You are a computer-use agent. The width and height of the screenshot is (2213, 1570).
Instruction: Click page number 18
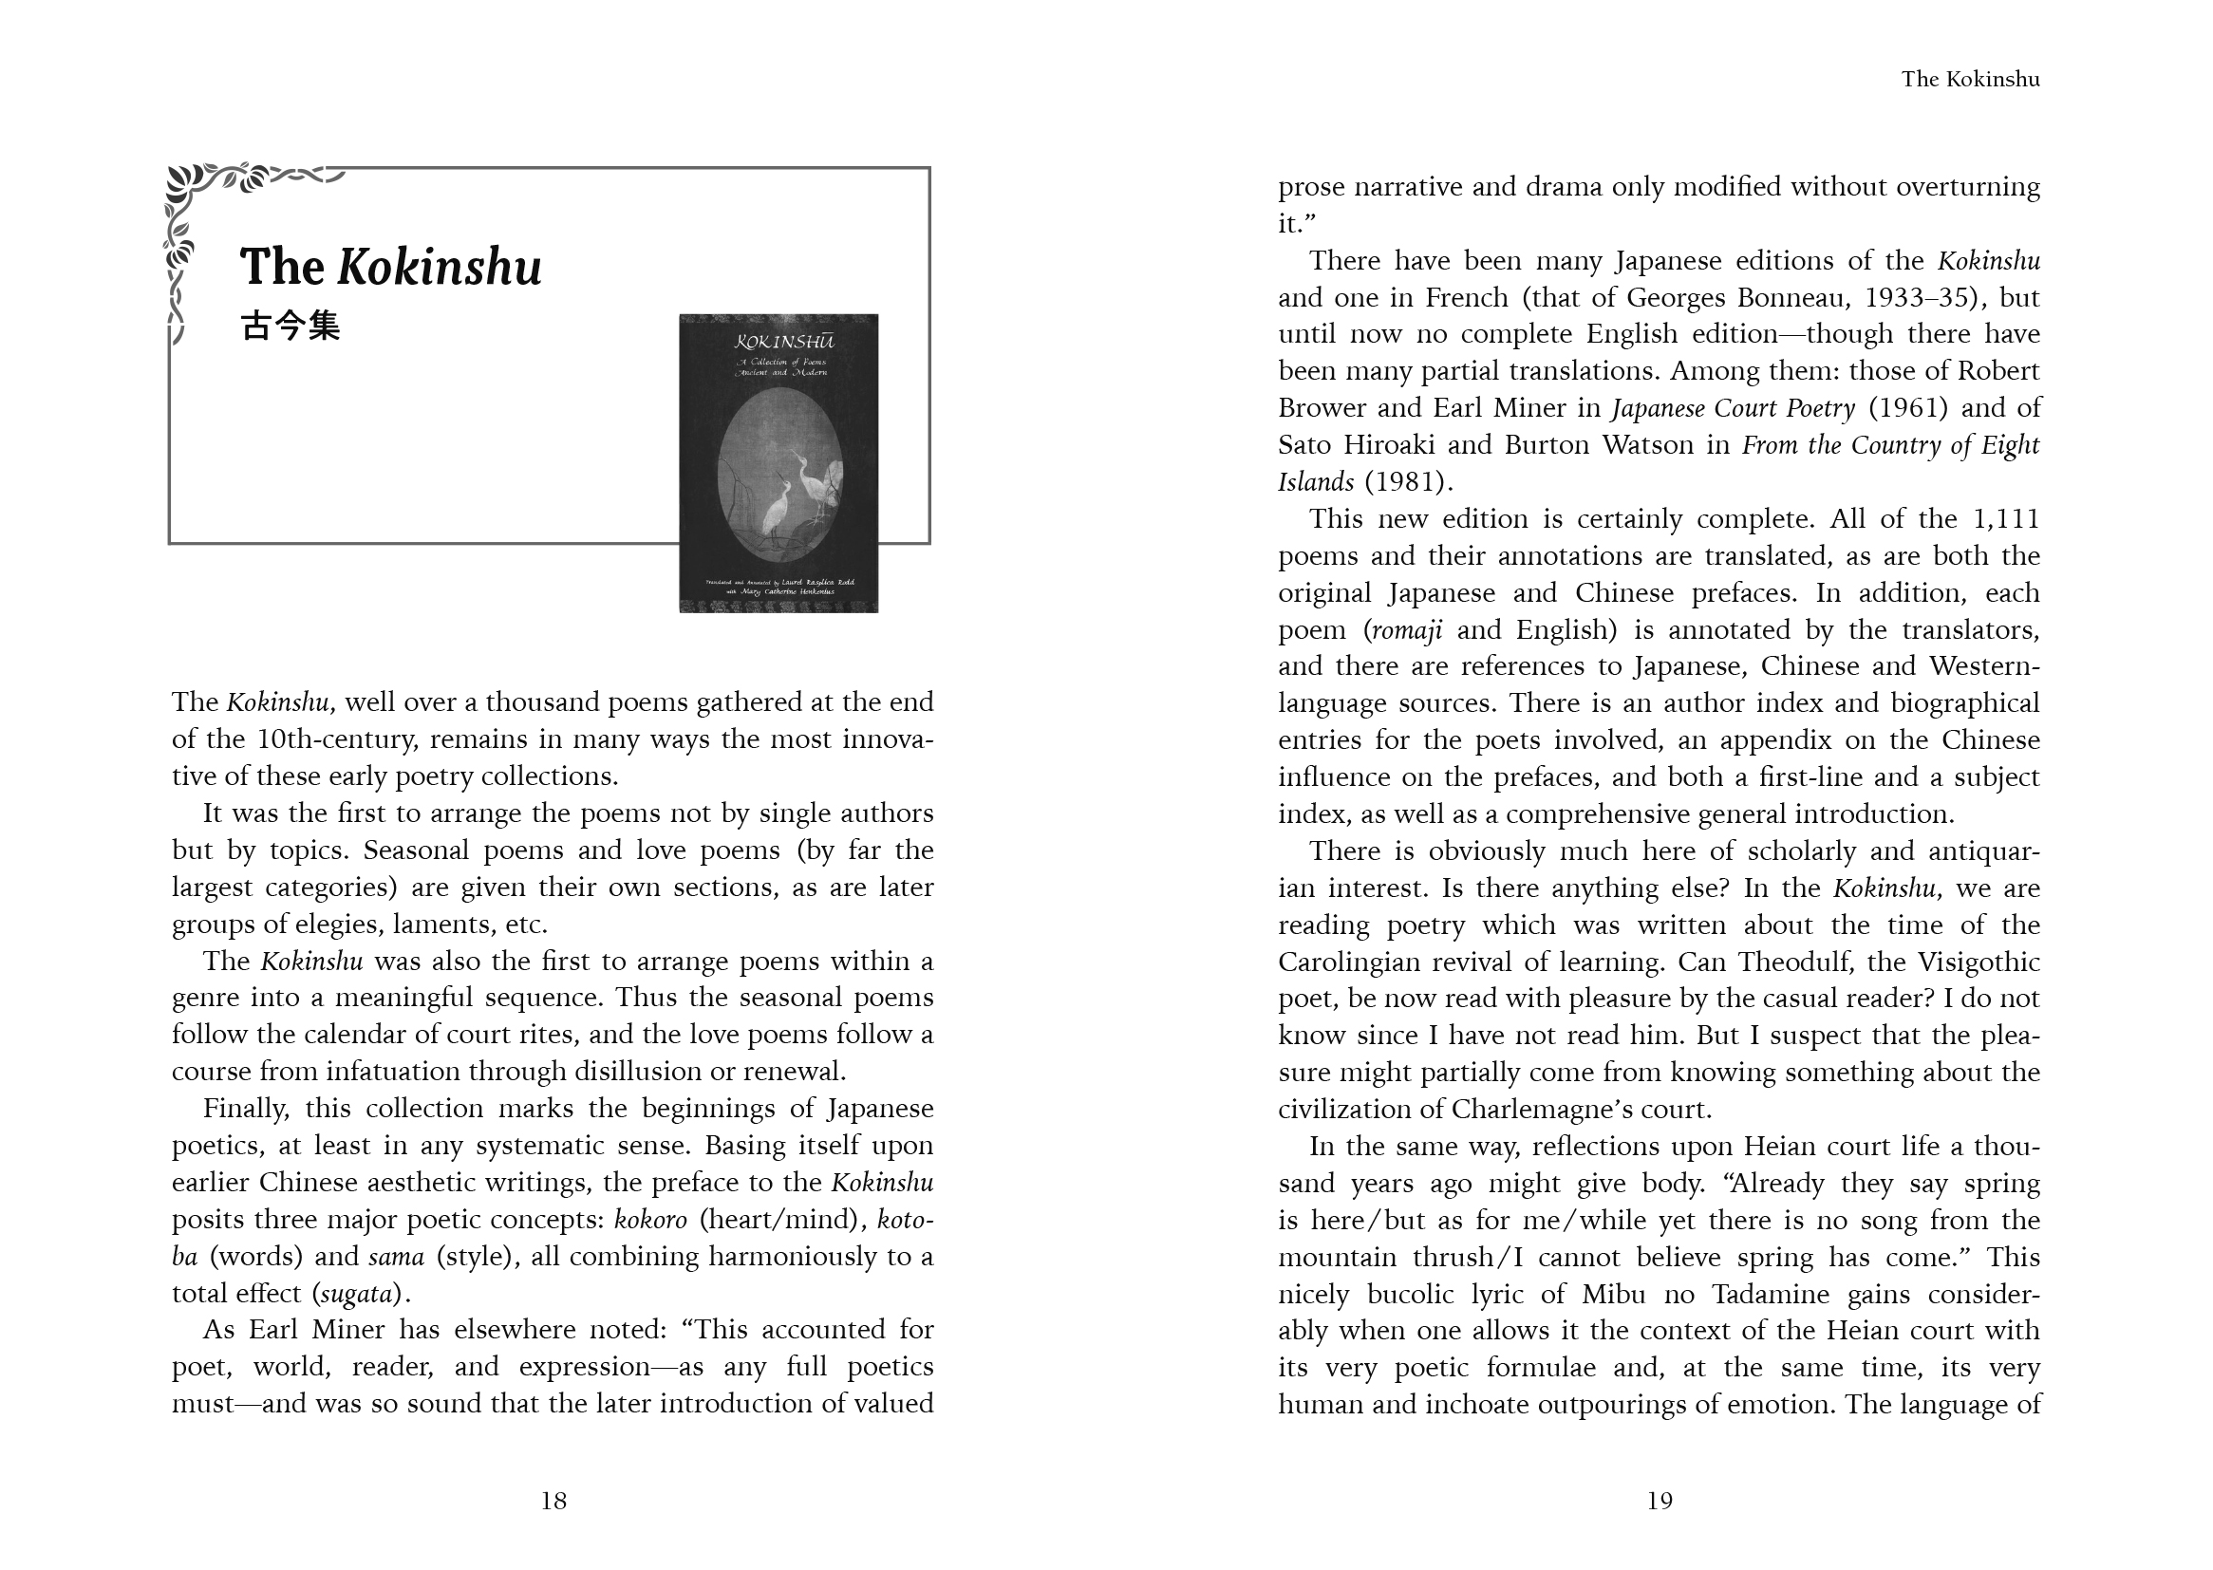pyautogui.click(x=553, y=1501)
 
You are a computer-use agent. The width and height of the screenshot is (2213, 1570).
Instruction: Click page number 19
pyautogui.click(x=1659, y=1501)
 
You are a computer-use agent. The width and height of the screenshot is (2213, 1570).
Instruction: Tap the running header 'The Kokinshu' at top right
pyautogui.click(x=1969, y=80)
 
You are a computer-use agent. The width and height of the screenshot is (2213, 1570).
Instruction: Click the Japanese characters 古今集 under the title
pyautogui.click(x=291, y=326)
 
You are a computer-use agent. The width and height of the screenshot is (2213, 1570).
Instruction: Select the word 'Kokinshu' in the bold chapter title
pyautogui.click(x=439, y=267)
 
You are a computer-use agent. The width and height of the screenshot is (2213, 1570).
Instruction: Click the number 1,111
pyautogui.click(x=2005, y=519)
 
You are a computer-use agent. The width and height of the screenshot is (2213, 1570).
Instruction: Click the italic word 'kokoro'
pyautogui.click(x=650, y=1220)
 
